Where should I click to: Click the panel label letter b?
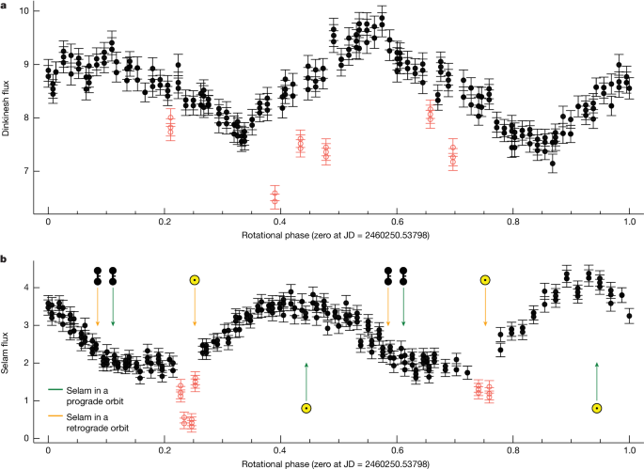(x=5, y=256)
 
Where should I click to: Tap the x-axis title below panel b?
(x=339, y=463)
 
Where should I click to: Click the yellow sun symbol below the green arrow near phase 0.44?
(x=306, y=408)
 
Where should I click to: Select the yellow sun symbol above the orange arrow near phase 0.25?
(x=195, y=279)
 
